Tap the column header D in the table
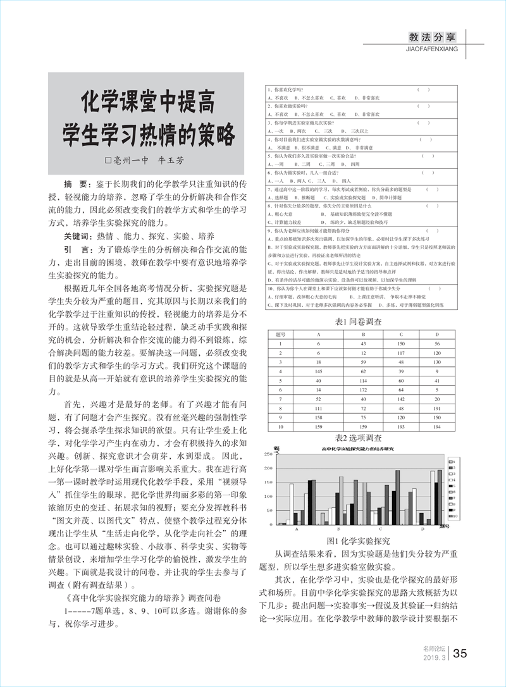[436, 334]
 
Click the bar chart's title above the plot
[357, 449]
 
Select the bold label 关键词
[79, 236]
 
